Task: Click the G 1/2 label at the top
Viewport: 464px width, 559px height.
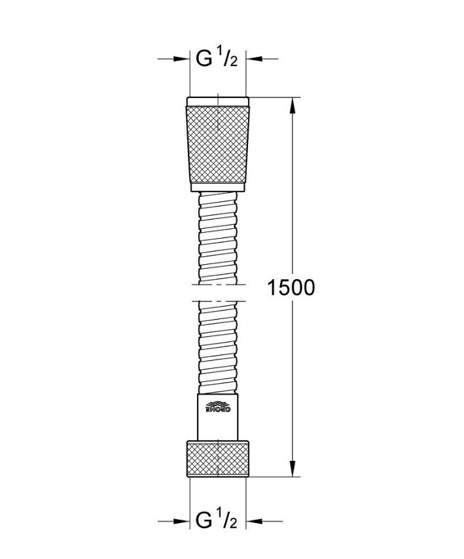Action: click(218, 59)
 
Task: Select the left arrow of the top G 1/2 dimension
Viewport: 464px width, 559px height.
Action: click(183, 59)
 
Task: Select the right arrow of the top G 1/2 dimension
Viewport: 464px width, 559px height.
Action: click(253, 59)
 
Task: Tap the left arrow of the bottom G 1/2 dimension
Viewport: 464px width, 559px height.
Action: click(183, 521)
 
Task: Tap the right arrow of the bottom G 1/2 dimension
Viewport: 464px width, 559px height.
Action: click(253, 521)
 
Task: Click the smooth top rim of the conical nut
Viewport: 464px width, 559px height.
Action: click(218, 102)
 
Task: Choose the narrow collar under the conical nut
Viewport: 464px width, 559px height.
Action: click(218, 188)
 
